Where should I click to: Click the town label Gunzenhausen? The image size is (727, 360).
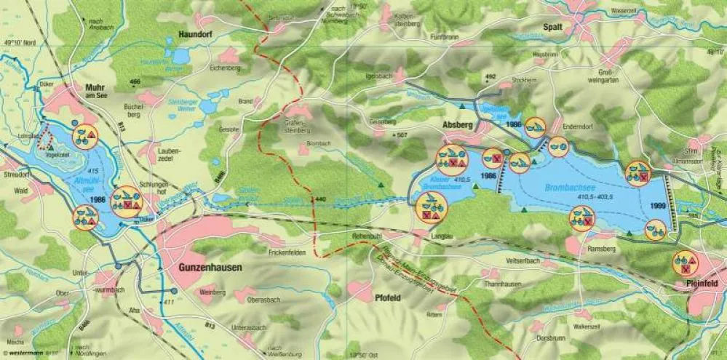pyautogui.click(x=210, y=268)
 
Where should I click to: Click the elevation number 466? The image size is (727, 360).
pyautogui.click(x=135, y=83)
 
